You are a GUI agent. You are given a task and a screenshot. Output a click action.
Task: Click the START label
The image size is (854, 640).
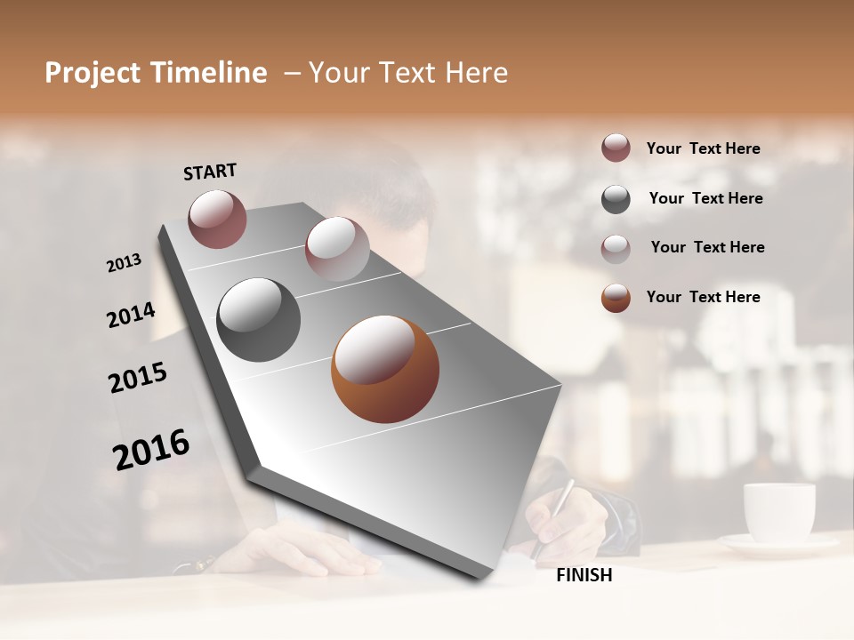click(210, 172)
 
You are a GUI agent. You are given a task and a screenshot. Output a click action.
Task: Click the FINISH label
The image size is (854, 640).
click(584, 575)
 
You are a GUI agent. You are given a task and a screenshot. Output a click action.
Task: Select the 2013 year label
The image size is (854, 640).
click(124, 263)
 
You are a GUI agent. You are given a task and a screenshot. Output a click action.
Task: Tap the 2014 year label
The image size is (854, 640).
click(131, 315)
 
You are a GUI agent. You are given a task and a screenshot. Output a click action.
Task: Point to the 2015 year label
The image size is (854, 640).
click(138, 378)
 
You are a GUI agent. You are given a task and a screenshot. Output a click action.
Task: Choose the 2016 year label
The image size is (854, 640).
click(151, 449)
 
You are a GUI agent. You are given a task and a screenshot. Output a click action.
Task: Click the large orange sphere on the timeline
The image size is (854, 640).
click(385, 369)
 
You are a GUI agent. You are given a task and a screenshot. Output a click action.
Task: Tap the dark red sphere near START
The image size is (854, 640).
click(217, 219)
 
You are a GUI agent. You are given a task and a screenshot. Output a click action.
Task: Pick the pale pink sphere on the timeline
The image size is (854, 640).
click(337, 249)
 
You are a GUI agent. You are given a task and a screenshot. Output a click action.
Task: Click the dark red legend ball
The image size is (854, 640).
click(616, 148)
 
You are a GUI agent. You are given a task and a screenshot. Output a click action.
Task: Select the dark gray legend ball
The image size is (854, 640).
click(616, 199)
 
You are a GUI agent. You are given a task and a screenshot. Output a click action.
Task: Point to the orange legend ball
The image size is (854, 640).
click(616, 298)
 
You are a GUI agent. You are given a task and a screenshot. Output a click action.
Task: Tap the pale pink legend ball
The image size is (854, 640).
click(616, 248)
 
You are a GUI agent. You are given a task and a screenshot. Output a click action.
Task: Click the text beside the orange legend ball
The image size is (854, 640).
click(703, 297)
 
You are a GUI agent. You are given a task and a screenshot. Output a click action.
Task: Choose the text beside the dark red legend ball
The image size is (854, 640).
click(703, 148)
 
